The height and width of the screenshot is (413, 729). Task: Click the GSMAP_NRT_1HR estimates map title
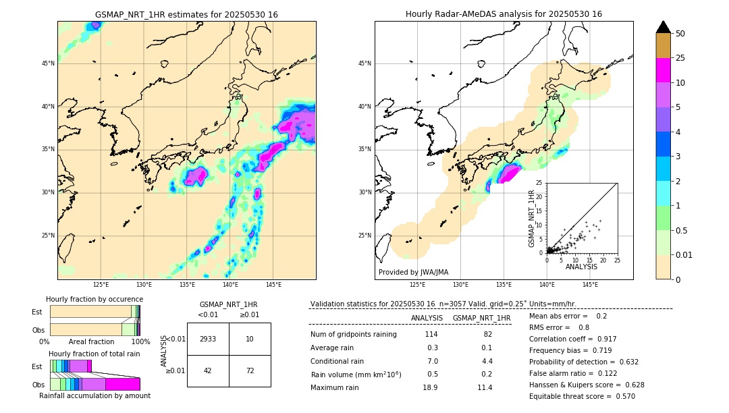point(186,14)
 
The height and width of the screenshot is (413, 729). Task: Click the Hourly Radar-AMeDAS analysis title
point(504,14)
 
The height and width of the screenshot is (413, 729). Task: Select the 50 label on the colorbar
point(680,34)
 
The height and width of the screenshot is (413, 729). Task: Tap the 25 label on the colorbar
point(680,58)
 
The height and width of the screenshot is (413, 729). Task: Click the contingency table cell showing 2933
point(208,339)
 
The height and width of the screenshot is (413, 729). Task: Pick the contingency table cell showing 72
point(250,370)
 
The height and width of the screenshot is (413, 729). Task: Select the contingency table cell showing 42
point(208,370)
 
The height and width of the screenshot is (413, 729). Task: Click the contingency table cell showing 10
point(250,339)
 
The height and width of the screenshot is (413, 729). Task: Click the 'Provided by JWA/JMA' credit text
point(413,273)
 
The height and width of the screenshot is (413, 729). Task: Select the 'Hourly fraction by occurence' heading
point(94,299)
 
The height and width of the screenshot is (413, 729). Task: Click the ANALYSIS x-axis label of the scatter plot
point(581,267)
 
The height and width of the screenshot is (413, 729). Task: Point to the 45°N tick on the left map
point(48,63)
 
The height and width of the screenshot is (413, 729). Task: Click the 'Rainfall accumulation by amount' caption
point(94,395)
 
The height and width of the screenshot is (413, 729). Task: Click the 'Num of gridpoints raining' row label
point(354,335)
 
